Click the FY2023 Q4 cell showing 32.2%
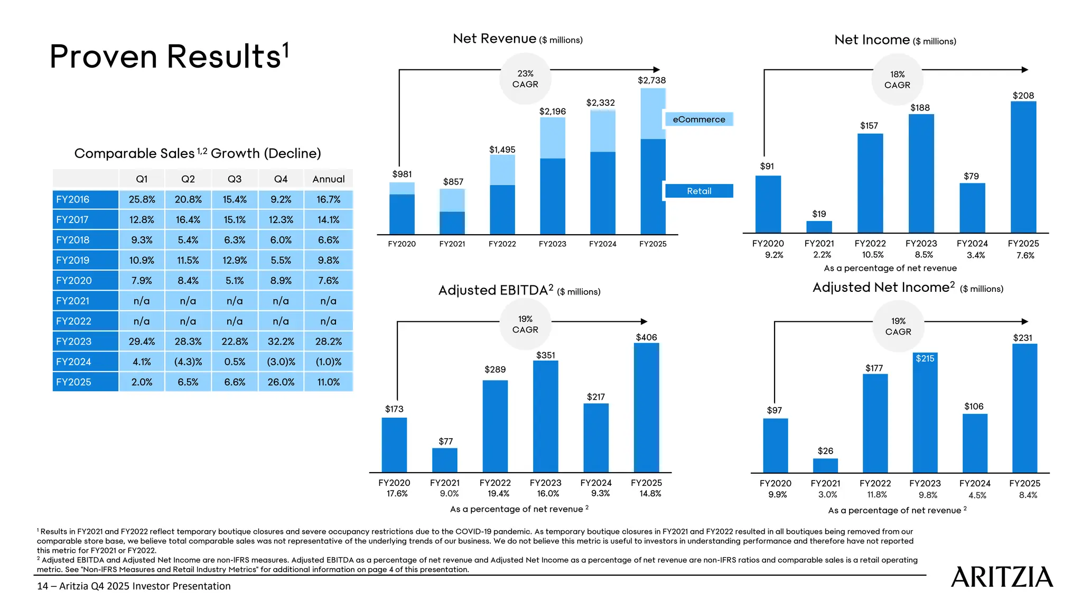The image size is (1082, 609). tap(281, 342)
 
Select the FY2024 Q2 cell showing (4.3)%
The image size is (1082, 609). tap(188, 362)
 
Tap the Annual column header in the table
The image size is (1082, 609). tap(328, 179)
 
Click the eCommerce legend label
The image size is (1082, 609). tap(698, 119)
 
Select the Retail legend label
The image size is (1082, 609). tap(698, 191)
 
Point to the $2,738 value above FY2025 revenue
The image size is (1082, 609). tap(651, 80)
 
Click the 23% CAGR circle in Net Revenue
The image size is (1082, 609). tap(525, 79)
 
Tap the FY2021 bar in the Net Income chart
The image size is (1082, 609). tap(819, 227)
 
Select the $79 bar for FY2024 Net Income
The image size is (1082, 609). tap(972, 208)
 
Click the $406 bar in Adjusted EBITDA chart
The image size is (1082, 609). tap(646, 407)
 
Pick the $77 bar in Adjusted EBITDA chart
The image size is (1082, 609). tap(444, 460)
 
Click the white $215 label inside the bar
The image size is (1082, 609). tap(925, 358)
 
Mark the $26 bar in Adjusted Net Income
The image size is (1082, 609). tap(825, 465)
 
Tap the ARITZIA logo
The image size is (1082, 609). tap(1002, 577)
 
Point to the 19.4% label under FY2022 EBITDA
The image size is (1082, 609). tap(498, 493)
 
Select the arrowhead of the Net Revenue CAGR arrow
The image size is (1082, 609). tap(657, 70)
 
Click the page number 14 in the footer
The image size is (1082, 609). tap(42, 586)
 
